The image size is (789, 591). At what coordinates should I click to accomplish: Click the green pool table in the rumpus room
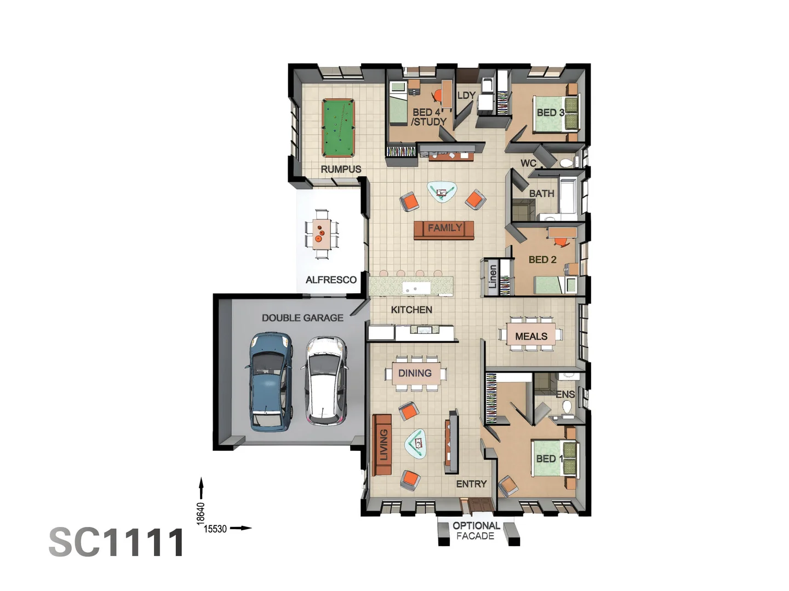tap(338, 128)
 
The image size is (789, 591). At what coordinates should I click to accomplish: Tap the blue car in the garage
tap(270, 381)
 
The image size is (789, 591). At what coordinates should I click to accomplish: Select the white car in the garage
tap(325, 380)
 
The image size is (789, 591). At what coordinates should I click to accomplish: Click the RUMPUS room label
tap(341, 169)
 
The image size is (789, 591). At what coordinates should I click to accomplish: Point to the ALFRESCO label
tap(331, 280)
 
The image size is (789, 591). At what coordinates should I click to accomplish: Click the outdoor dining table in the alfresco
tap(322, 234)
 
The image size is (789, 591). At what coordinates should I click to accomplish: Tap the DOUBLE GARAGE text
tap(302, 317)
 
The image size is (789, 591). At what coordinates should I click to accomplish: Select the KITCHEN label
tap(411, 310)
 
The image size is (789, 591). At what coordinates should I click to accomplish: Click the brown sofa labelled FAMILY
tap(444, 230)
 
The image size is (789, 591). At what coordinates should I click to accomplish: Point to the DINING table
tap(415, 373)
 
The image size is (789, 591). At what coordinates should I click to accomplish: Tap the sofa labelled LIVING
tap(382, 444)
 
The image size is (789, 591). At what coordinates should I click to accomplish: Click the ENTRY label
tap(471, 484)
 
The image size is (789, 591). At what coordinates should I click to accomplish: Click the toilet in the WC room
tap(568, 163)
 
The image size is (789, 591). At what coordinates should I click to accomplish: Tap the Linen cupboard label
tap(493, 277)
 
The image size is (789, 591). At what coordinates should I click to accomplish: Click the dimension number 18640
tap(201, 513)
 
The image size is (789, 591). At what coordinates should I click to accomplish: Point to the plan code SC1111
tap(117, 542)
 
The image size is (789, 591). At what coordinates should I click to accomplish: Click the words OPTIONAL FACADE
tap(476, 531)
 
